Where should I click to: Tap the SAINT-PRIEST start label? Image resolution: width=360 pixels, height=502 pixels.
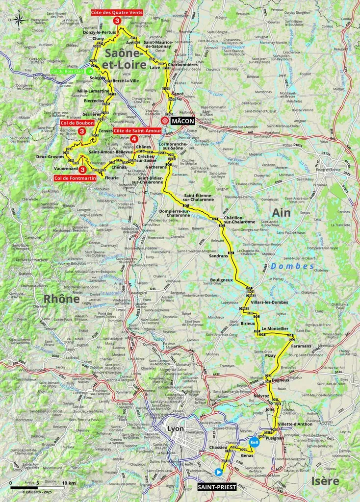click(x=217, y=487)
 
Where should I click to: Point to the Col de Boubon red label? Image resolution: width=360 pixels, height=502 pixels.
click(x=77, y=123)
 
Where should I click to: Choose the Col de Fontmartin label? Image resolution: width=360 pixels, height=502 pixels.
click(x=75, y=178)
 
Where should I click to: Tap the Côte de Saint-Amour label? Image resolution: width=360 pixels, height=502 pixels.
click(x=137, y=131)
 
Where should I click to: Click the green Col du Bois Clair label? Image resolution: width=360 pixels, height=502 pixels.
click(x=69, y=71)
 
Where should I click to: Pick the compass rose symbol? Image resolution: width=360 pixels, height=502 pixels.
click(x=19, y=21)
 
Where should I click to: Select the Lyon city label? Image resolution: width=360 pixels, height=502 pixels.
click(x=175, y=428)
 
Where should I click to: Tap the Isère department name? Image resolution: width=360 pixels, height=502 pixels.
click(x=326, y=481)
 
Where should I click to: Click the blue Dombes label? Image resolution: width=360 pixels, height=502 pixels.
click(x=300, y=266)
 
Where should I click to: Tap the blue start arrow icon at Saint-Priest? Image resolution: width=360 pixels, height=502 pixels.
click(x=218, y=472)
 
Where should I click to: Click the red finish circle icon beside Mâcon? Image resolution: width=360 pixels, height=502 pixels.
click(x=165, y=121)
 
